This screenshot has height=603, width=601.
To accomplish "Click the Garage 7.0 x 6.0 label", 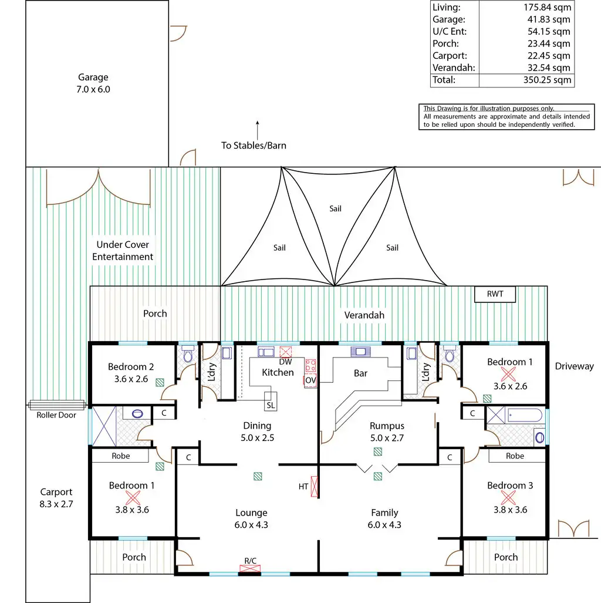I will [x=93, y=83].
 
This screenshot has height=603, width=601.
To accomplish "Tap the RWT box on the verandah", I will [x=495, y=294].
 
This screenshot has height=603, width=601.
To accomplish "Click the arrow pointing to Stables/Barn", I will [x=256, y=130].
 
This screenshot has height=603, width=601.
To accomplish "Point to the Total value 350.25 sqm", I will [x=546, y=80].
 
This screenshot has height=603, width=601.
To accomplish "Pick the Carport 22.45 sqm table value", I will [x=546, y=56].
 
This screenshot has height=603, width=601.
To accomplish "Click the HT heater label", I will [x=303, y=486].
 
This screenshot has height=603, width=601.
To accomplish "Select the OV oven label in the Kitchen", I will [x=310, y=380].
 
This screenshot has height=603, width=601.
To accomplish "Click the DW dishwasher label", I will [x=285, y=362].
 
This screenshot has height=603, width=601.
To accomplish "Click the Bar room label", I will [x=360, y=373].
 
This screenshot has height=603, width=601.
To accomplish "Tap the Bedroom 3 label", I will [x=509, y=486].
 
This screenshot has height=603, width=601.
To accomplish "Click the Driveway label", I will [x=574, y=366].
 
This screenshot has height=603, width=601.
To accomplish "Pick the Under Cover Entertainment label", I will [x=123, y=251].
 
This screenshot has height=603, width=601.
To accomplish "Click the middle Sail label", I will [x=335, y=208].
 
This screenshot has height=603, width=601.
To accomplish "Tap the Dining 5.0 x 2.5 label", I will [x=257, y=432].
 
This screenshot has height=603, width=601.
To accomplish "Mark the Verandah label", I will [x=364, y=315].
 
